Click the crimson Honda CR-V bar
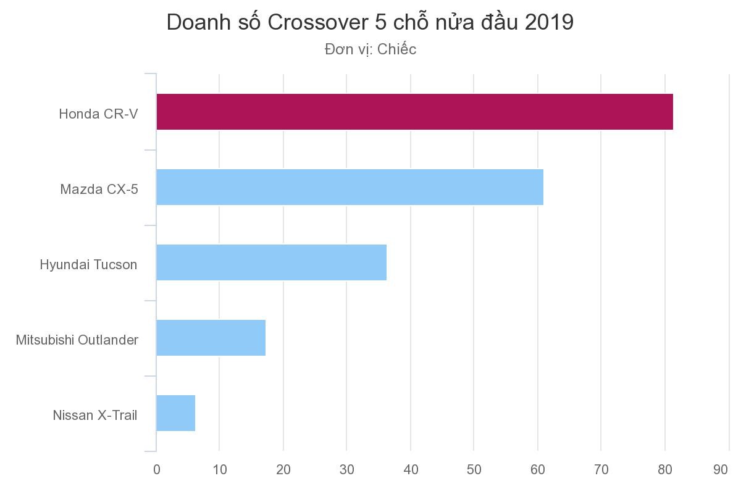point(414,112)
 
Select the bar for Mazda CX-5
point(350,187)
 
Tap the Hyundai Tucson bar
point(271,262)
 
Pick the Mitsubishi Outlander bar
point(211,338)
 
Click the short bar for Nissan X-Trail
point(175,413)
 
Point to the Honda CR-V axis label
point(98,114)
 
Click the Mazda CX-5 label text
point(99,190)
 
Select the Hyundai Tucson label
point(88,265)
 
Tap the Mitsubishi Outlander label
point(77,340)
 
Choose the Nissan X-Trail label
point(95,416)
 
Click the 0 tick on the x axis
point(156,470)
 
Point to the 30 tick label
point(347,470)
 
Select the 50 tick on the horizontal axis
point(474,470)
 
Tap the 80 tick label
point(664,470)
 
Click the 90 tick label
point(721,470)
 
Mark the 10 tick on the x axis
point(220,470)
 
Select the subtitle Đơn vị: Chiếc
point(371,49)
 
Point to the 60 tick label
point(537,470)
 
